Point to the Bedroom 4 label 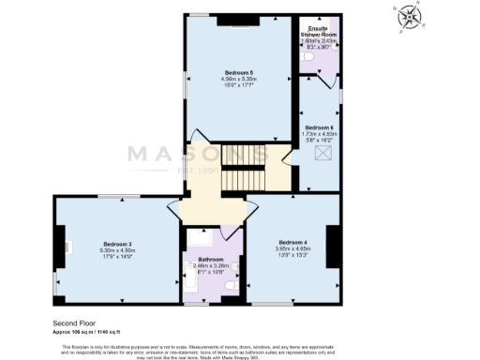291,243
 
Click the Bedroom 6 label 319,127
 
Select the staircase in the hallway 249,175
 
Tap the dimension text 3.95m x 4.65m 291,249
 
